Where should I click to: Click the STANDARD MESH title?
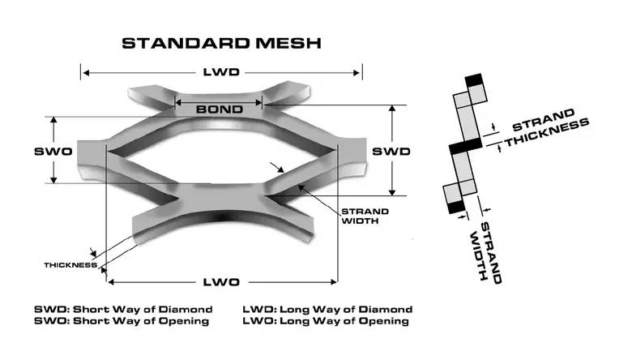221,43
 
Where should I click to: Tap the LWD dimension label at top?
221,72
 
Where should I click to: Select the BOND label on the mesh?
220,109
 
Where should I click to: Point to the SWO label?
53,151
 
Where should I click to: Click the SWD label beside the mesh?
391,151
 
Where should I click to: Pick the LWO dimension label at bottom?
221,282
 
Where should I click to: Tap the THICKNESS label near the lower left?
70,265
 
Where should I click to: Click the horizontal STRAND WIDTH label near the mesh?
365,216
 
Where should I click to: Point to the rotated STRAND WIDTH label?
485,252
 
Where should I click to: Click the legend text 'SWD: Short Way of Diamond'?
123,309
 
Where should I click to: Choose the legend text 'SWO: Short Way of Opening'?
122,321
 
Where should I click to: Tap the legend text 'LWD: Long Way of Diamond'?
327,309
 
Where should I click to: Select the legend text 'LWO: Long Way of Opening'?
326,321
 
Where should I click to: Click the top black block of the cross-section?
474,79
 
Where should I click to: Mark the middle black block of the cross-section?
466,145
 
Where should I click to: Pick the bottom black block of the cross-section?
456,207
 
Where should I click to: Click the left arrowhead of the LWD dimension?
86,72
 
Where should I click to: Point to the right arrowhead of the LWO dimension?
334,282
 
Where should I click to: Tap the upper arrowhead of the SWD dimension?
392,109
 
